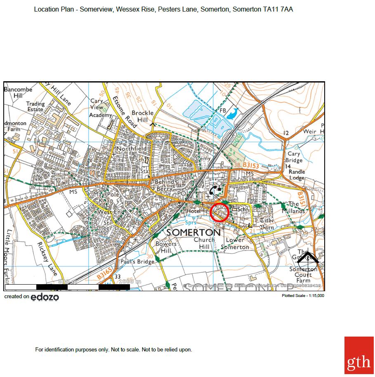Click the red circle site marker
coord(219,212)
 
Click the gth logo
coord(358,355)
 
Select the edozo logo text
coord(45,297)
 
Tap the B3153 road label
coord(250,165)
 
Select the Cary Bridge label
coord(294,157)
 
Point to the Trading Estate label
coord(35,107)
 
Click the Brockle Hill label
coord(142,116)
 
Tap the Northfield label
coord(131,148)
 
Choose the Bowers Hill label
coord(166,247)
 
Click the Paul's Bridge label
coord(137,262)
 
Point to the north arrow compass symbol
coord(308,258)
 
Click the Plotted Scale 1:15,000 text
coord(303,296)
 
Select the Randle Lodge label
coord(297,175)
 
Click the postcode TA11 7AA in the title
coord(278,9)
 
